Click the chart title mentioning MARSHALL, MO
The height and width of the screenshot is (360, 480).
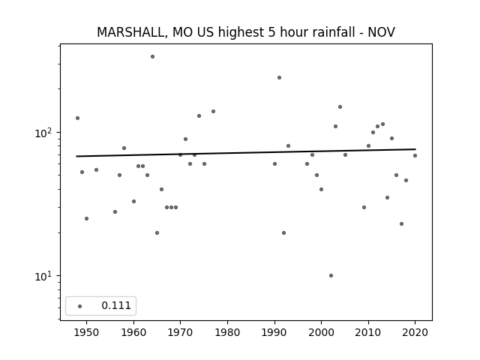246,32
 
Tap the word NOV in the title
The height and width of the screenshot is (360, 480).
382,32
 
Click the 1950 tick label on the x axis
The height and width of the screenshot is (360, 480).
87,332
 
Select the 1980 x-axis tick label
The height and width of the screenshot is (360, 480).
227,332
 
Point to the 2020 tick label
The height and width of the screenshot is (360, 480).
415,332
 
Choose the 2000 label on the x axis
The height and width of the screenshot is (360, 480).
321,332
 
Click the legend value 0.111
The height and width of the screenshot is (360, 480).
116,305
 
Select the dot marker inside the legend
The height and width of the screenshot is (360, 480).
80,306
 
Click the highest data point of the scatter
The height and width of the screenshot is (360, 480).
152,57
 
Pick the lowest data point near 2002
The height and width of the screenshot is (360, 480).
331,275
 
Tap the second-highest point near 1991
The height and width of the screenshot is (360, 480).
279,78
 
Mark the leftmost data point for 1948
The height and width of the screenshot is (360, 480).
77,118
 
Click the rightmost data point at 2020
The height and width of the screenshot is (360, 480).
415,155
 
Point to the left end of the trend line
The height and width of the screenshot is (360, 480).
76,157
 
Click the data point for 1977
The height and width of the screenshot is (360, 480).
213,112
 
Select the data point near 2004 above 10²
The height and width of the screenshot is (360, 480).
340,106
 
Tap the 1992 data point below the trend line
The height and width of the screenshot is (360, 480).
283,233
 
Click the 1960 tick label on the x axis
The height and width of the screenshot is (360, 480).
133,332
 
